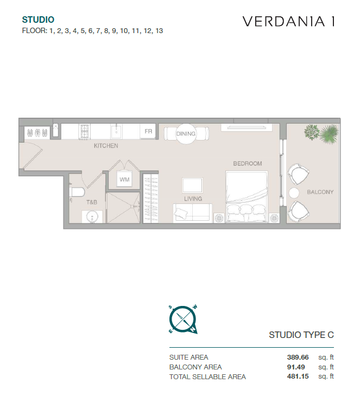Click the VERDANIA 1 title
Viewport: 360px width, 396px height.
288,22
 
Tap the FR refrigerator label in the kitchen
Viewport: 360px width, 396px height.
148,131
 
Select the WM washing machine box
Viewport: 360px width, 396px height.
124,180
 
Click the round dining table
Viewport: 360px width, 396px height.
186,134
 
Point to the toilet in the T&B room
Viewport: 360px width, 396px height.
77,192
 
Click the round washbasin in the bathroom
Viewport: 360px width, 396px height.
92,217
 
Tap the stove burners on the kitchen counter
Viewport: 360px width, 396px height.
85,131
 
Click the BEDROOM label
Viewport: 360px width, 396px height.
248,164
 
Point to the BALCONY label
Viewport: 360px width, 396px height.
320,192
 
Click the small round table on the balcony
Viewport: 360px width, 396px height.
294,193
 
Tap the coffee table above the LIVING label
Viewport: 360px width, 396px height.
193,186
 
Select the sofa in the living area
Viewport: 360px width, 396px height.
192,213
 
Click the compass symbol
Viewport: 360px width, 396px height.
183,320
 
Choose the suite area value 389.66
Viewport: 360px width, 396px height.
298,357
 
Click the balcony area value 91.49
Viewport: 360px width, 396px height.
296,367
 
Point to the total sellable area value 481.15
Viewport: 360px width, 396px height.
298,376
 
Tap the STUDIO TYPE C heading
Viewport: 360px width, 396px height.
301,335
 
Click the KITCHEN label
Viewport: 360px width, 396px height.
106,146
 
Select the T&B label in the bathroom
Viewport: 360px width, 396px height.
92,202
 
